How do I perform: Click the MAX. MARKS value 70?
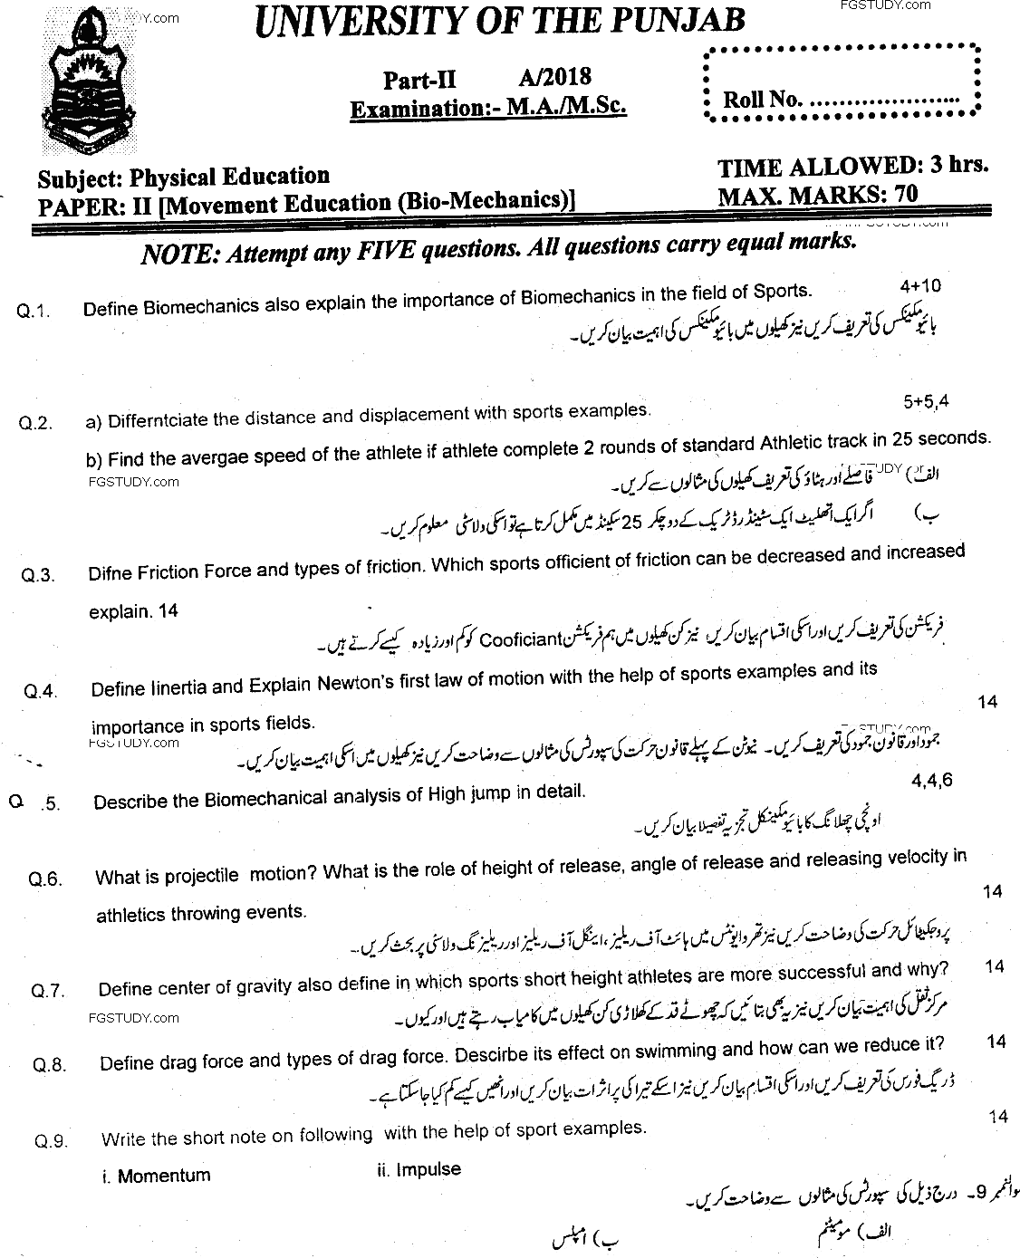(x=903, y=194)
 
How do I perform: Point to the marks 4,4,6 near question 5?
(x=930, y=781)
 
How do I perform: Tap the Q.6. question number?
(x=45, y=879)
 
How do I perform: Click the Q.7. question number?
(x=47, y=991)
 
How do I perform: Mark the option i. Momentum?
(x=156, y=1176)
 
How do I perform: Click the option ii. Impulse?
(x=419, y=1170)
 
